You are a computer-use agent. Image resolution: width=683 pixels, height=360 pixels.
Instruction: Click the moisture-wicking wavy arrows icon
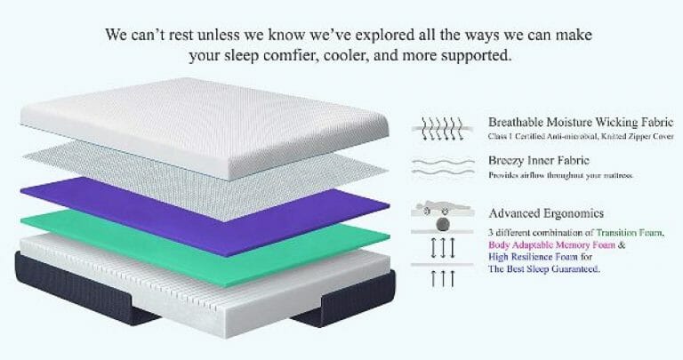pyautogui.click(x=443, y=128)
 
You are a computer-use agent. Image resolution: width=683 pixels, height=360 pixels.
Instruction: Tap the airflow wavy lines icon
pyautogui.click(x=443, y=167)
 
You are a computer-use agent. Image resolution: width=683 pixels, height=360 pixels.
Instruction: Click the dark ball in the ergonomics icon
pyautogui.click(x=444, y=225)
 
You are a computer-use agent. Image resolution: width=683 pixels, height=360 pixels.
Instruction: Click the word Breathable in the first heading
pyautogui.click(x=516, y=122)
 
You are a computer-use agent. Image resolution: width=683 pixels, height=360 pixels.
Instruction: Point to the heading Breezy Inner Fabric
pyautogui.click(x=539, y=160)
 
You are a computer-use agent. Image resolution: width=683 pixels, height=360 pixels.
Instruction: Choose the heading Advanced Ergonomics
pyautogui.click(x=546, y=213)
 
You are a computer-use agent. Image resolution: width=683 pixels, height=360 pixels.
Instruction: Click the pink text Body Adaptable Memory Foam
pyautogui.click(x=552, y=244)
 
